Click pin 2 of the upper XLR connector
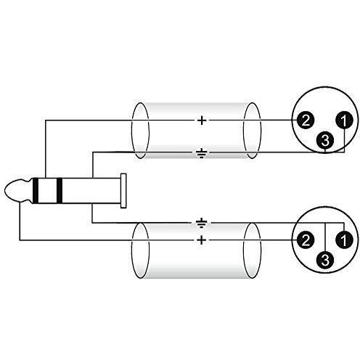click(x=306, y=120)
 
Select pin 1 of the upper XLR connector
click(x=344, y=120)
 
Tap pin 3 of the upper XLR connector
click(x=325, y=140)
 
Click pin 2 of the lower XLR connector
click(x=306, y=240)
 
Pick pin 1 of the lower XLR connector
click(x=344, y=240)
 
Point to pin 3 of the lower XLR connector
click(x=325, y=261)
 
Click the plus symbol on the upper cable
click(x=202, y=120)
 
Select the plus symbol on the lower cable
click(x=201, y=240)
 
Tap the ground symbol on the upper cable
click(x=201, y=153)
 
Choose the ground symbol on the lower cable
click(x=201, y=223)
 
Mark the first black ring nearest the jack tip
click(x=36, y=190)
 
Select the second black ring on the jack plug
click(x=60, y=190)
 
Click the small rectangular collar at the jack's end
click(x=123, y=191)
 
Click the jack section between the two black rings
click(x=47, y=190)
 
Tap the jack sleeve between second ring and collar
click(x=91, y=190)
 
